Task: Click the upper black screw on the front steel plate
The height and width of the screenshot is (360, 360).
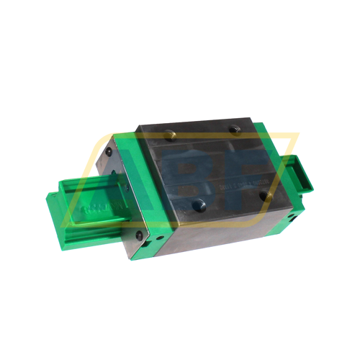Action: [x=109, y=153]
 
